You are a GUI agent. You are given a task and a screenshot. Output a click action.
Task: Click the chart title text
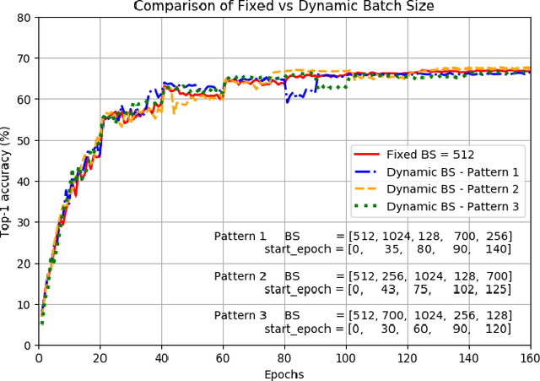283,6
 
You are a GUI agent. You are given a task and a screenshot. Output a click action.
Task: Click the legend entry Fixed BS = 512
430,155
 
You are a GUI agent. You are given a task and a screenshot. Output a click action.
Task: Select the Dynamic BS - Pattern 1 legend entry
452,172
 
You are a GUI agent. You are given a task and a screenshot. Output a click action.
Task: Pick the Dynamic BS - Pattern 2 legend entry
452,189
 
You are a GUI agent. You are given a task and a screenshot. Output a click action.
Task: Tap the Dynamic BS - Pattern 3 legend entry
452,207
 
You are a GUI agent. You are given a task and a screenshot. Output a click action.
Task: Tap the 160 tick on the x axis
530,358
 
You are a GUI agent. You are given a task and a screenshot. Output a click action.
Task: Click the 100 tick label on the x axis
346,358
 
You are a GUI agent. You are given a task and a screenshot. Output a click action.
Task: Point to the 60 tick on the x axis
223,358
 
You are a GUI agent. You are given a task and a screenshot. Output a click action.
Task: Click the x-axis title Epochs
283,373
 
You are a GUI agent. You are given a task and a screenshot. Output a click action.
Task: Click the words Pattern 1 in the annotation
240,237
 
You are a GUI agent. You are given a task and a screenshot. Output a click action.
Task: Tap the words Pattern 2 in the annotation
240,276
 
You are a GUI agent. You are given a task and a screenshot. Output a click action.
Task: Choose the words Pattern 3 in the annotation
240,316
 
